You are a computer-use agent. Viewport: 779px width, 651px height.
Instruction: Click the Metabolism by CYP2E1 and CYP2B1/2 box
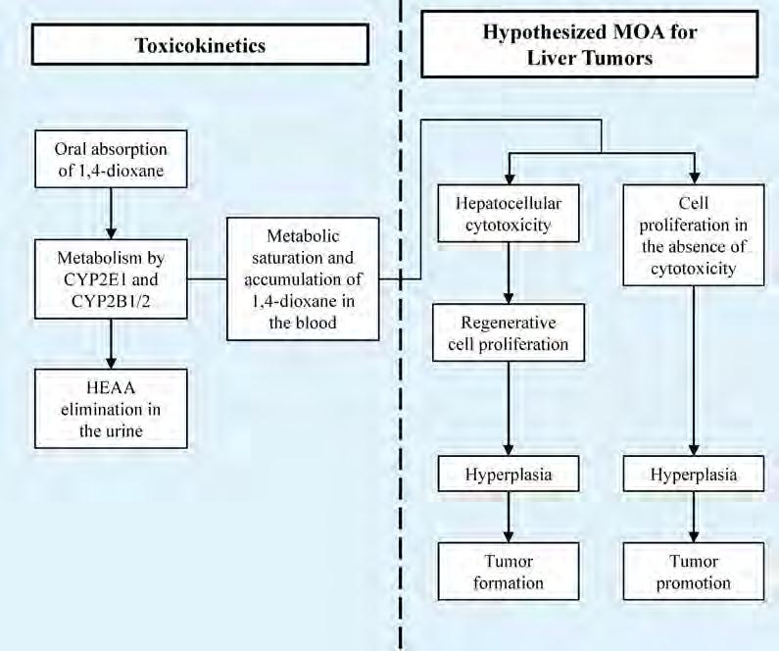111,278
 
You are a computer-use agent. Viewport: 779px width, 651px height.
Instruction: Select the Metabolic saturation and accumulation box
302,279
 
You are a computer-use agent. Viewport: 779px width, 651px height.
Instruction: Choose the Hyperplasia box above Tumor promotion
693,476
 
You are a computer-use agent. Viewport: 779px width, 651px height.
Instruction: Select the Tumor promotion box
693,572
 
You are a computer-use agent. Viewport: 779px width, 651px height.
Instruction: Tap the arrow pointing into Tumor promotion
693,521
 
